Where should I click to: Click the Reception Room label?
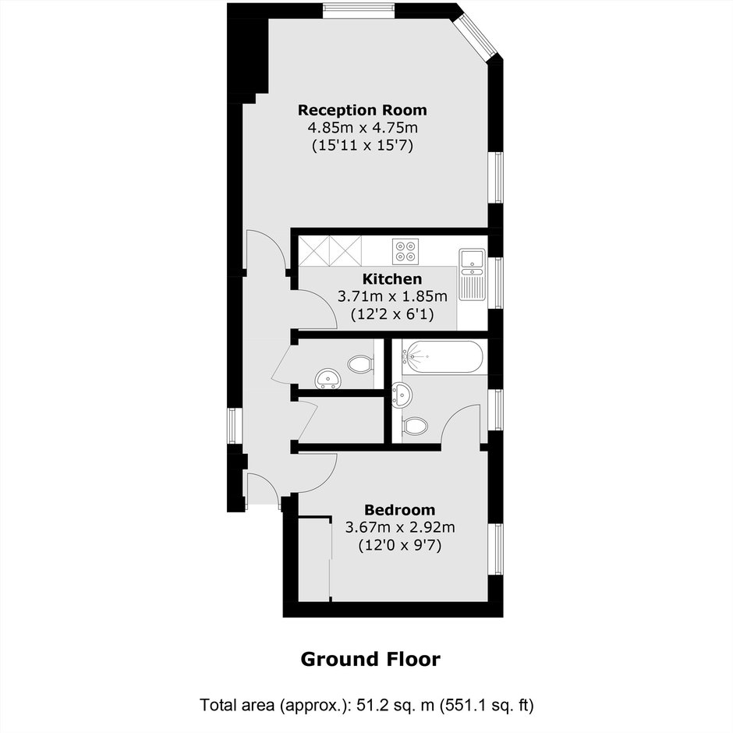pos(363,110)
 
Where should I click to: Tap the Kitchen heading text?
pos(392,279)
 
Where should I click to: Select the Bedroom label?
pos(400,509)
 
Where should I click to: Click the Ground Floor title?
pos(370,660)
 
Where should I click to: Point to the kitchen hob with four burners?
pos(405,252)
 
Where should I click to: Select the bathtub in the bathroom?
pos(442,357)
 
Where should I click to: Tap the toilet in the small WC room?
pos(360,364)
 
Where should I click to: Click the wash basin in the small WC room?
pos(328,378)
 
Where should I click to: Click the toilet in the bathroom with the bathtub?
pos(415,426)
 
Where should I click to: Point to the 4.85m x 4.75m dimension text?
pos(363,127)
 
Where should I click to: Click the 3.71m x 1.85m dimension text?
pos(392,296)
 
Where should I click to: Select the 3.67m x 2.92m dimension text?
pos(400,527)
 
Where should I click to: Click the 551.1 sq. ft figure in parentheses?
pos(485,704)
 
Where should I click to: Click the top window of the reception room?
pos(359,11)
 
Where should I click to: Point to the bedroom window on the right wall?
pos(496,549)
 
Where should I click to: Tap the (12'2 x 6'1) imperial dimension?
pos(392,314)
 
